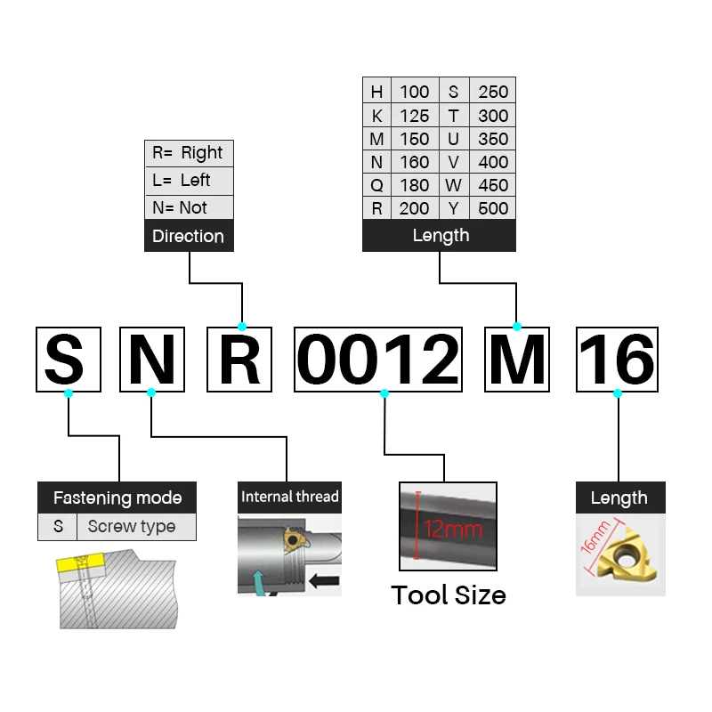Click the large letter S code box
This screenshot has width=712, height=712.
tap(69, 359)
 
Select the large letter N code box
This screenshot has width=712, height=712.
tap(151, 359)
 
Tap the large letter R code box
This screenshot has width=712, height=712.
tap(239, 359)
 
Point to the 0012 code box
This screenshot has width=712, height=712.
tap(378, 359)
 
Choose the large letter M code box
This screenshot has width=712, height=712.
tap(517, 359)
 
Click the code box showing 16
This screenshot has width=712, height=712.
tap(618, 359)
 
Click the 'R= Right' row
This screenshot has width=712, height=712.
tap(189, 152)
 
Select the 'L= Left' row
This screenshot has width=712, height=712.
tap(189, 180)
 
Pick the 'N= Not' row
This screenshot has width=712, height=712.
tap(189, 207)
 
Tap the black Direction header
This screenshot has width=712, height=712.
tap(189, 236)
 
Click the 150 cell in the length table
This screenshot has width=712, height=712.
tap(414, 139)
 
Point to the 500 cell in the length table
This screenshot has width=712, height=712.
tap(493, 208)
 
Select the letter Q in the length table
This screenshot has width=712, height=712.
tap(376, 185)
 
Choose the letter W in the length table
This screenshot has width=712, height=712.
tap(454, 185)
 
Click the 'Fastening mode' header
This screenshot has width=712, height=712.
tap(117, 498)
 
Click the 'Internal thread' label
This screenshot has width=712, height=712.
tap(289, 497)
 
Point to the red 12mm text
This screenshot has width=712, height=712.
tap(453, 530)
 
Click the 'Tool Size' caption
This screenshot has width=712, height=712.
tap(449, 595)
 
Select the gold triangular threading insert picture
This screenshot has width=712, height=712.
tap(620, 555)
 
